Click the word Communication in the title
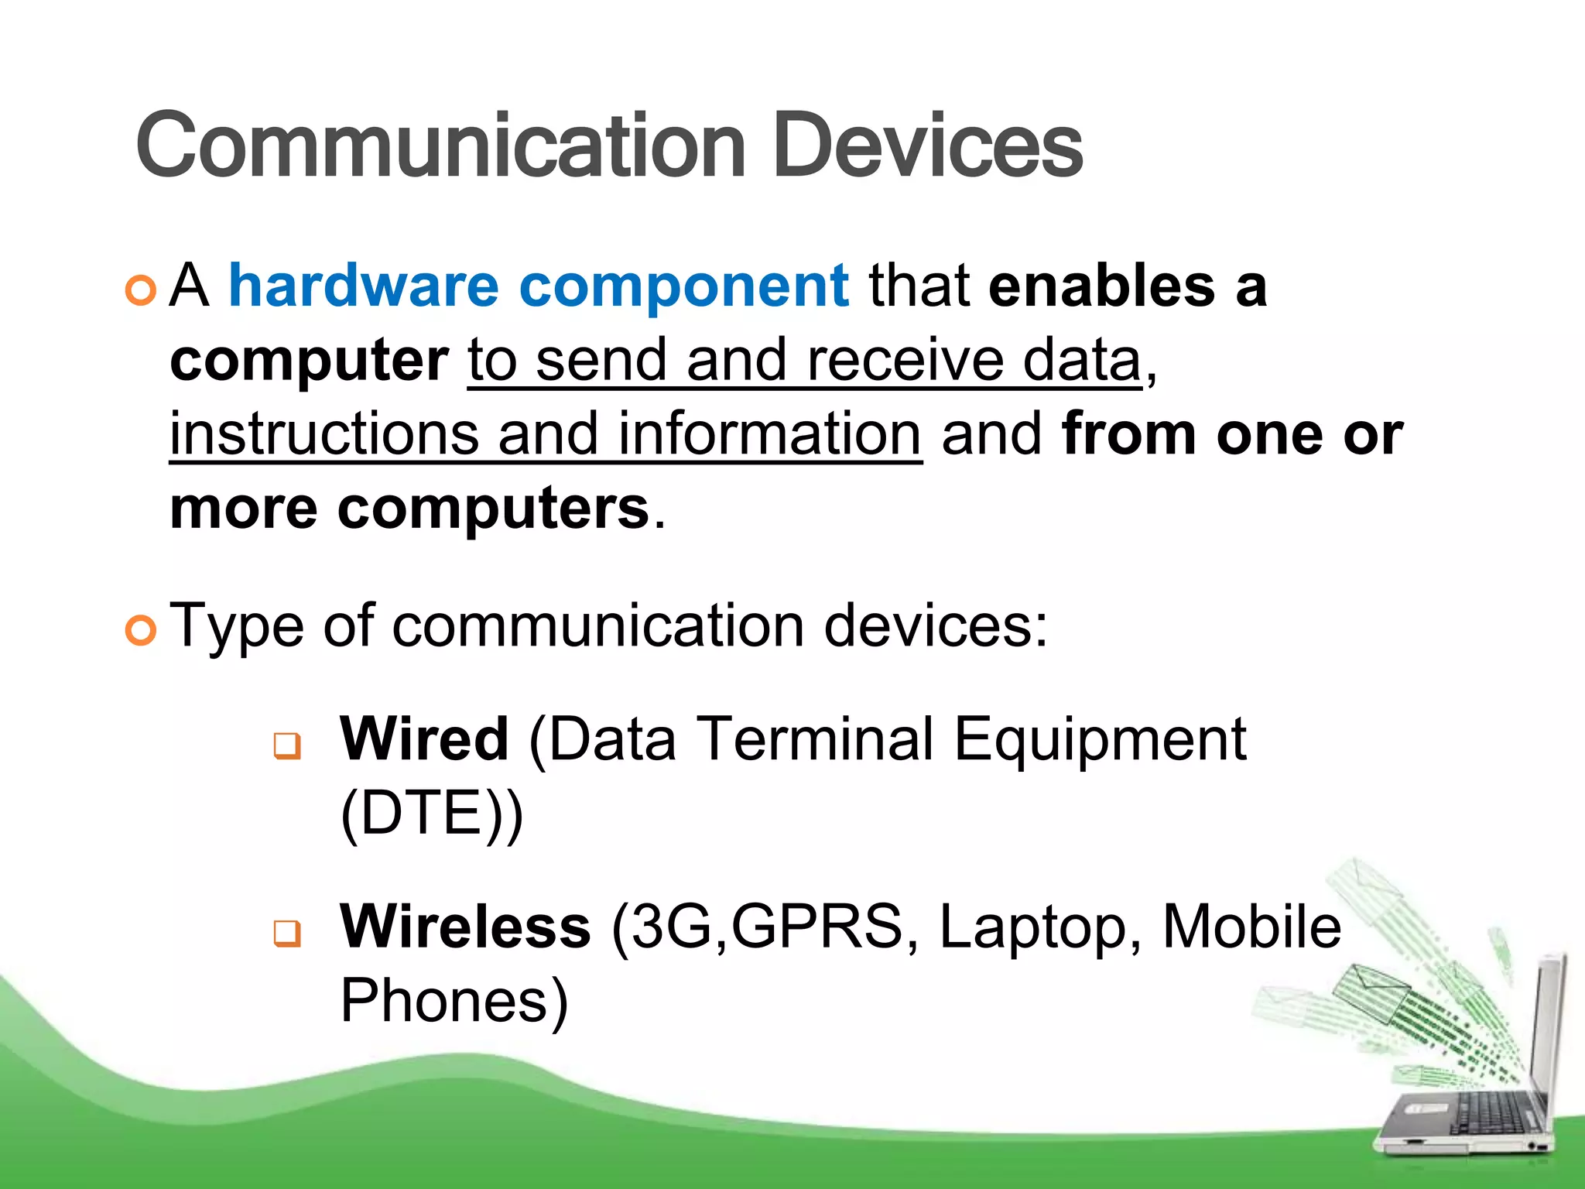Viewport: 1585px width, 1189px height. tap(441, 146)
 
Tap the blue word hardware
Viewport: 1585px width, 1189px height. tap(364, 286)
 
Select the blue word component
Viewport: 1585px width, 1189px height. tap(684, 287)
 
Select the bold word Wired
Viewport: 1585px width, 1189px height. tap(424, 739)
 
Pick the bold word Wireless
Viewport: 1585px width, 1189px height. tap(465, 927)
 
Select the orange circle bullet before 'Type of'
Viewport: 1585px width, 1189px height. tap(141, 630)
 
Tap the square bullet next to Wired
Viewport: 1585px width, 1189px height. tap(287, 746)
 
